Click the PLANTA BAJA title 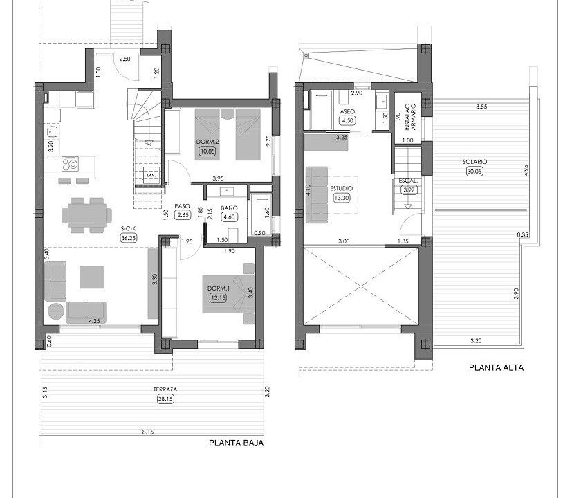click(236, 443)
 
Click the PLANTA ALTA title click(496, 368)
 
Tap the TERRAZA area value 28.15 click(165, 399)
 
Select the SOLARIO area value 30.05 click(474, 171)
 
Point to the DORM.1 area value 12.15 click(218, 297)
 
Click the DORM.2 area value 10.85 click(207, 151)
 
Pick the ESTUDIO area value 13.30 click(342, 198)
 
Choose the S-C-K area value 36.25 click(129, 238)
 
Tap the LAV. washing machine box click(151, 175)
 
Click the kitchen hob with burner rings click(70, 164)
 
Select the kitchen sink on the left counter click(52, 131)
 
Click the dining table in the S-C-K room click(87, 215)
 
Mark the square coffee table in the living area click(92, 277)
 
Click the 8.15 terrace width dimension click(148, 432)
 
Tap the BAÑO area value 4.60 click(230, 217)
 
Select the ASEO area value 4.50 click(347, 121)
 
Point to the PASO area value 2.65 click(183, 215)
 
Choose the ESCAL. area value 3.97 click(408, 190)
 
